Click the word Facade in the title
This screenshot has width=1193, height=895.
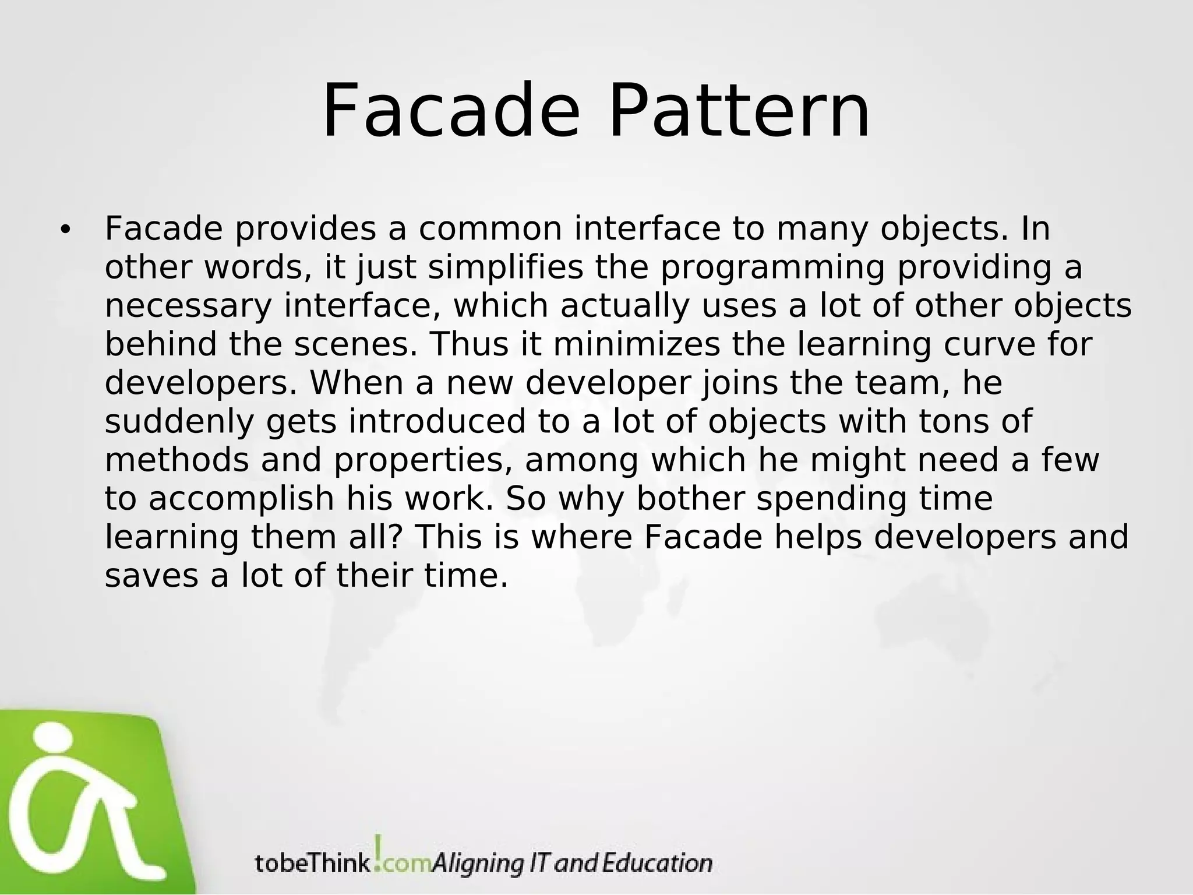(451, 111)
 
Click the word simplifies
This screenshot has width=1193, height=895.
(506, 267)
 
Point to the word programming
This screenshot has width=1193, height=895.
(772, 269)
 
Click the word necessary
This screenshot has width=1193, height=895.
(188, 307)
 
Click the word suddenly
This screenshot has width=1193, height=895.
(179, 421)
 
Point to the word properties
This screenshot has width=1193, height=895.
(423, 461)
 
